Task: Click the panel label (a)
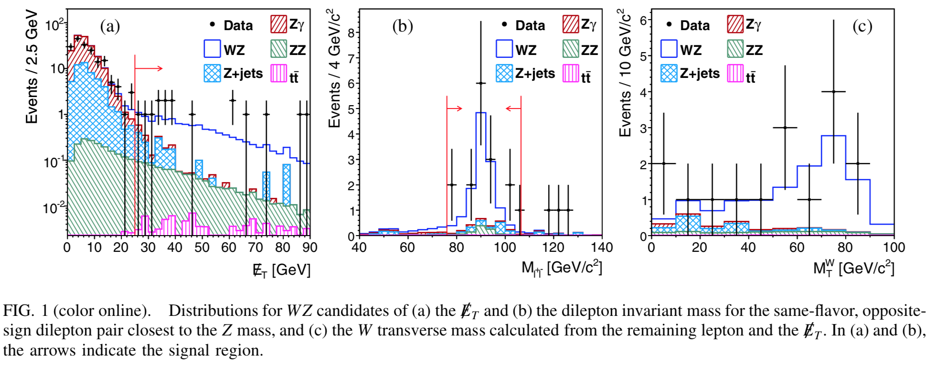pos(110,26)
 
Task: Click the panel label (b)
pos(403,26)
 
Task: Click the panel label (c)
pos(862,26)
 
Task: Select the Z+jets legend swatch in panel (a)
pos(212,74)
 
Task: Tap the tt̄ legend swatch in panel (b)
pos(571,74)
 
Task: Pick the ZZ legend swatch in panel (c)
pos(735,49)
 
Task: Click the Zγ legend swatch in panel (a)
pos(278,24)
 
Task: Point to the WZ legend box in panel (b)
pos(504,49)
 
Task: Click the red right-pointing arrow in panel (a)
pos(149,69)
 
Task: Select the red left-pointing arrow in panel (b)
pos(513,108)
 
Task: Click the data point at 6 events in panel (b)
pos(481,83)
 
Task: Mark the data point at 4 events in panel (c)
pos(834,92)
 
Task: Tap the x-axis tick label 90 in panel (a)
pos(310,248)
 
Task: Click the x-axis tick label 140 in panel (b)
pos(601,248)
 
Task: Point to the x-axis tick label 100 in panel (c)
pos(893,248)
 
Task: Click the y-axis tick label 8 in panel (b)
pos(351,33)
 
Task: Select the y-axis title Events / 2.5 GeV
pos(32,67)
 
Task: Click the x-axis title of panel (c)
pos(853,268)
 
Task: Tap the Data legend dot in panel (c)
pos(669,24)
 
